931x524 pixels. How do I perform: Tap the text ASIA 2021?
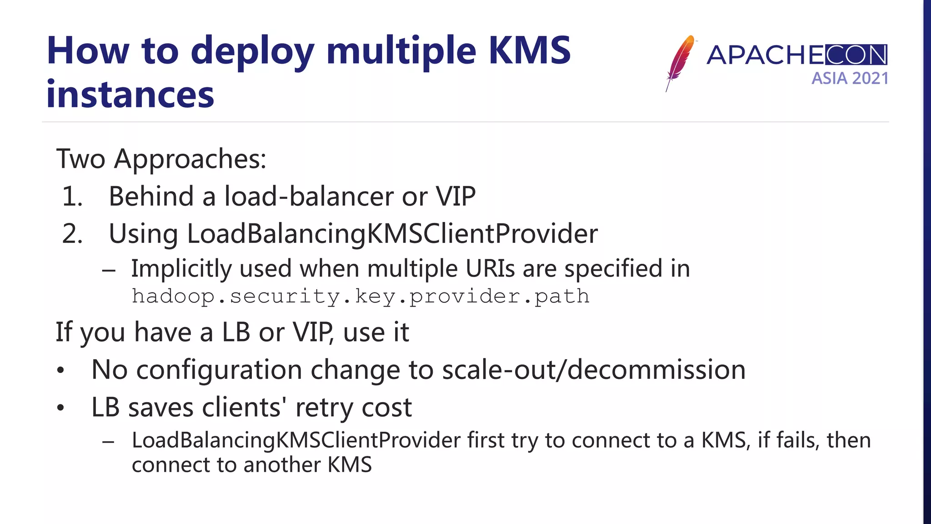[x=850, y=79]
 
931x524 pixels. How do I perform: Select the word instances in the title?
[x=130, y=95]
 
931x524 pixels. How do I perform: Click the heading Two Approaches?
[x=161, y=159]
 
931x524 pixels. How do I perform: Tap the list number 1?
[x=72, y=196]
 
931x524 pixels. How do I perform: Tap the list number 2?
[x=72, y=234]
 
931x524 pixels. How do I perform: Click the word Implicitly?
[x=181, y=268]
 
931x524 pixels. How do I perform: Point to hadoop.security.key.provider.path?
[x=360, y=297]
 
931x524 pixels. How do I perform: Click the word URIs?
[x=490, y=268]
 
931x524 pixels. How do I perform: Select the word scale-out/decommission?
[x=594, y=369]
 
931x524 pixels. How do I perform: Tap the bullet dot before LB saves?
[x=61, y=408]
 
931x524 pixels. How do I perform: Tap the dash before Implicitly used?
[x=109, y=270]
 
